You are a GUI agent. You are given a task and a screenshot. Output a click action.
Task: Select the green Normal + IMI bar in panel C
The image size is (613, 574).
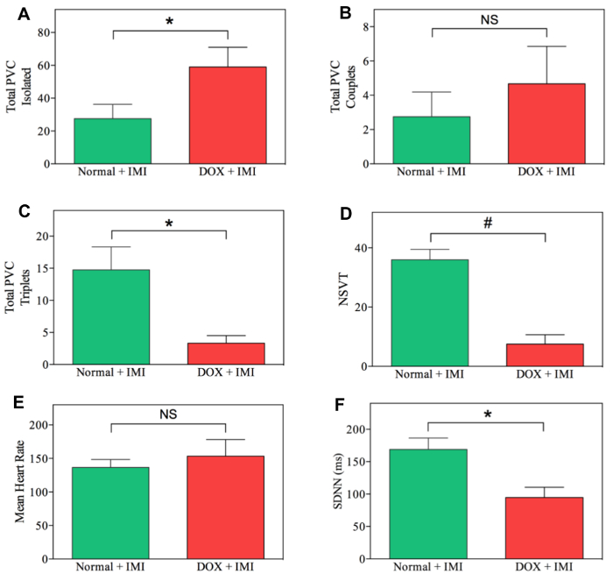click(x=111, y=316)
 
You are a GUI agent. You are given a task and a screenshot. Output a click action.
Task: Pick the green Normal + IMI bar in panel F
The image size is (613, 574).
click(x=429, y=504)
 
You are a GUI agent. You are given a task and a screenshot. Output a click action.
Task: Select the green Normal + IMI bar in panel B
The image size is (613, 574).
click(x=432, y=140)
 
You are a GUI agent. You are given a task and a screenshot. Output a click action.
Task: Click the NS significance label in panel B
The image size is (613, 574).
click(x=489, y=18)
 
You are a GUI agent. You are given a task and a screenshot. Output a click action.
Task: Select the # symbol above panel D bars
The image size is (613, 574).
click(x=489, y=223)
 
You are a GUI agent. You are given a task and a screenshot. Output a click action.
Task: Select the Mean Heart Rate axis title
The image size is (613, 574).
click(x=20, y=481)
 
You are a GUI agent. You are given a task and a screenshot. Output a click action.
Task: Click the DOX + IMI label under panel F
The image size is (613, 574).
click(x=545, y=568)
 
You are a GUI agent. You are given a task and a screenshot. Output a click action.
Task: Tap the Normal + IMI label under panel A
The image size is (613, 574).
click(x=112, y=173)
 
